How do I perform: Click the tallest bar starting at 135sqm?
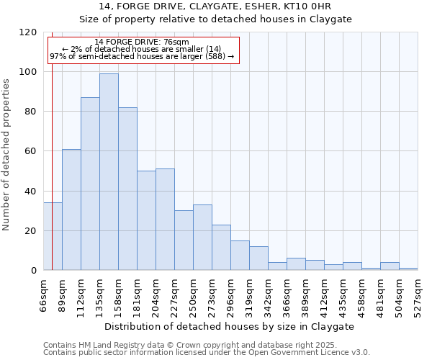point(109,172)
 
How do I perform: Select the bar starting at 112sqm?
point(90,184)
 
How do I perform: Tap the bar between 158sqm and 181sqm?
point(127,189)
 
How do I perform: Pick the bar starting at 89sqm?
point(71,210)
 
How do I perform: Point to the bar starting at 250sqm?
point(202,238)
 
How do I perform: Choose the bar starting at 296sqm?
point(240,256)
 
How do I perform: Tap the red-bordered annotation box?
point(143,50)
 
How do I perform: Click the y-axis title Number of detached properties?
point(6,155)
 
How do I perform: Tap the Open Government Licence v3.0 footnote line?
point(206,353)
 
